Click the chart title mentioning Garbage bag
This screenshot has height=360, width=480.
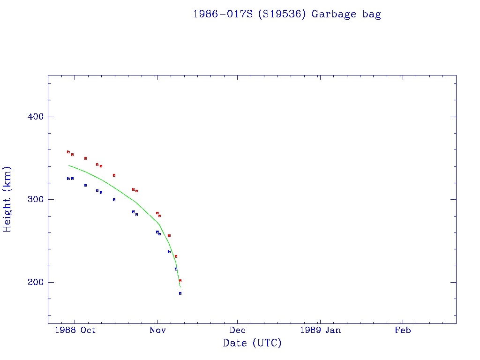pos(287,14)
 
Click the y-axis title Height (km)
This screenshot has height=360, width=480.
pos(7,199)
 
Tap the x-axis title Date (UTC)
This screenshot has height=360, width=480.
pos(252,343)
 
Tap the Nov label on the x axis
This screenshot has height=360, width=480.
pos(157,330)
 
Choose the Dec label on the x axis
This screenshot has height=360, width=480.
pos(237,330)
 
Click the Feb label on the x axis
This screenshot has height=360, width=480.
pos(403,330)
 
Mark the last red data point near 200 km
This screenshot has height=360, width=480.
pos(180,281)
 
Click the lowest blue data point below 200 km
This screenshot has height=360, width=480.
pos(180,293)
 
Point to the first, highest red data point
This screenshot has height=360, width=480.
pos(68,152)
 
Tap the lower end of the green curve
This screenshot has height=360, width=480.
pos(180,287)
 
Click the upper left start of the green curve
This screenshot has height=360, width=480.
pos(69,165)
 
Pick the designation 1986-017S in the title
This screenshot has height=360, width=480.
pos(223,14)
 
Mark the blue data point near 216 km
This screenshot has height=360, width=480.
pos(176,269)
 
